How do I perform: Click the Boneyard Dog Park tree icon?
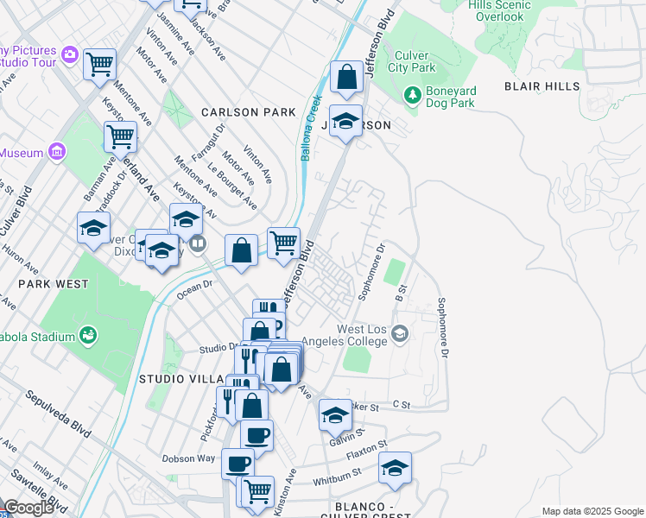click(413, 92)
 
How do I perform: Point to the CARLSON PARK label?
click(237, 112)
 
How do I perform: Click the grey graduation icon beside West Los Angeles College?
click(399, 333)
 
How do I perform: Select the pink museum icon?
click(58, 153)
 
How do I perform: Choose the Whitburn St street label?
click(336, 474)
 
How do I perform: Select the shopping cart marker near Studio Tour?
click(100, 63)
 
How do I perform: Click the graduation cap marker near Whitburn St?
click(395, 468)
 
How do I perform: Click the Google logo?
click(28, 508)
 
